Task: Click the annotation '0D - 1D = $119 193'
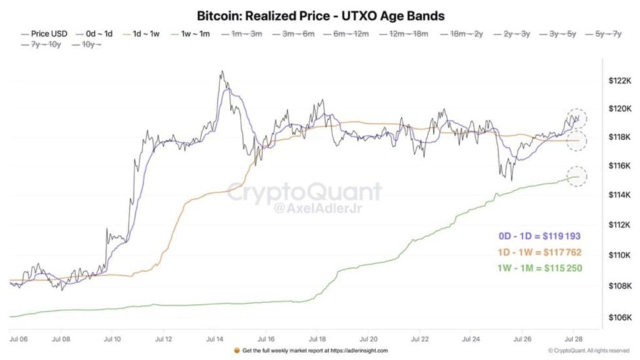(x=540, y=236)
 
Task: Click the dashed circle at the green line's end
(x=577, y=176)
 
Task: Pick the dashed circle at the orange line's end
(x=577, y=141)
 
